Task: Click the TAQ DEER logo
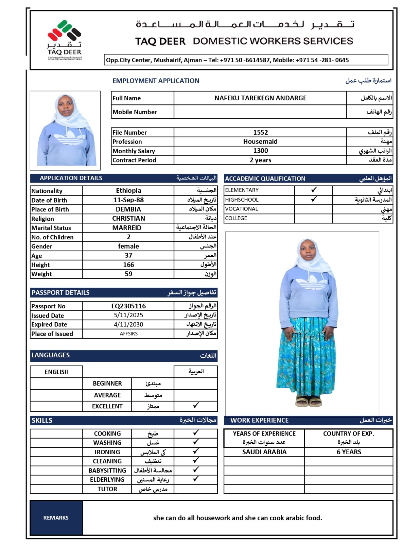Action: tap(65, 40)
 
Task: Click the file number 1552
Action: tap(260, 132)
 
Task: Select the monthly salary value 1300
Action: tap(260, 151)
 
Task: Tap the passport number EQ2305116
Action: tap(128, 306)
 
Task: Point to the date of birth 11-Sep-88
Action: tap(128, 200)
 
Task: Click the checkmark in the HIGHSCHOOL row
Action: tap(314, 199)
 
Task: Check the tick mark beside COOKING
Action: tap(196, 433)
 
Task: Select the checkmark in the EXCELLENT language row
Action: tap(196, 405)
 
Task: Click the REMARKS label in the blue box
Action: tap(56, 517)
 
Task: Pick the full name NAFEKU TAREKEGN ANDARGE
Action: tap(260, 98)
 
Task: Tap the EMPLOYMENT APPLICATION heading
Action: tap(156, 81)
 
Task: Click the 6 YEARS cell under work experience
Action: tap(349, 452)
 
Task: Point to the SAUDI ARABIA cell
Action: tap(264, 452)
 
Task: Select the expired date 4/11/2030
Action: tap(128, 324)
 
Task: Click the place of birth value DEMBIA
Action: tap(128, 209)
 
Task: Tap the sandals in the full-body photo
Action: tap(308, 401)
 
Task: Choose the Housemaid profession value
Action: tap(260, 141)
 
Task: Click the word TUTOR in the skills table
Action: tap(107, 489)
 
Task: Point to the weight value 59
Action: tap(128, 274)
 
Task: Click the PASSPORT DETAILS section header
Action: tap(61, 292)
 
